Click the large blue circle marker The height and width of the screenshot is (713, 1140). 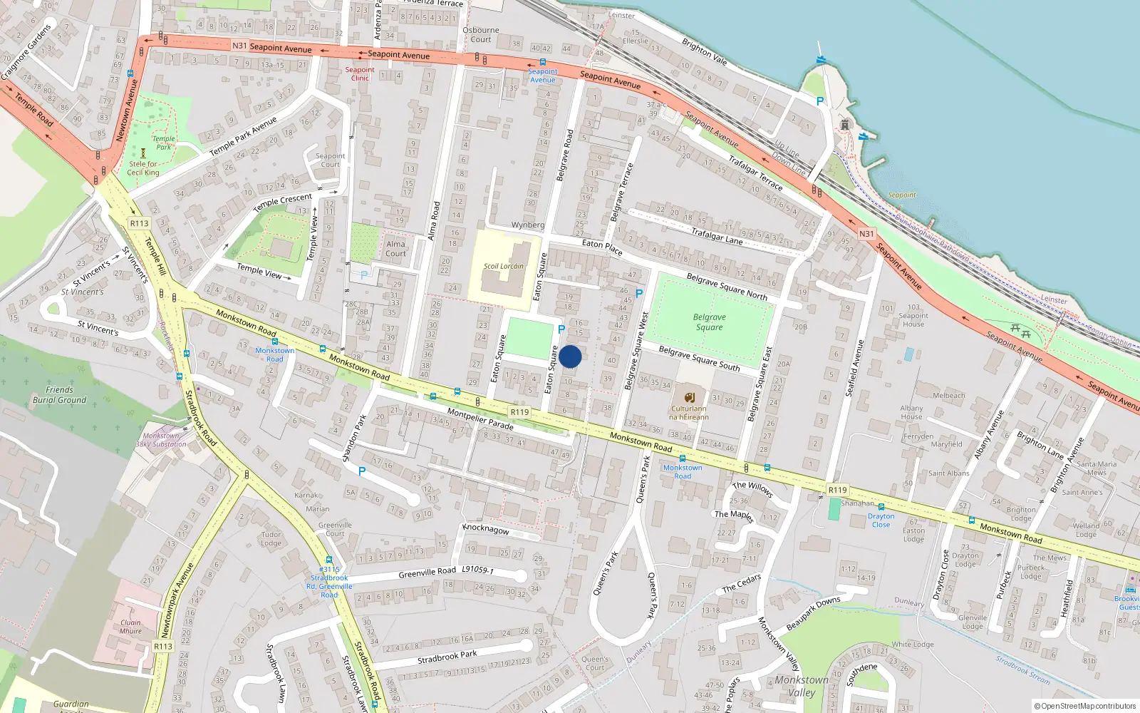(x=570, y=356)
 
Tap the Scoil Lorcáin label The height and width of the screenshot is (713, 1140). (x=503, y=267)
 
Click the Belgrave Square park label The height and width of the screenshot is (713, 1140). (x=709, y=322)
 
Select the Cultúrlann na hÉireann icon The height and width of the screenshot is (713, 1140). (x=689, y=397)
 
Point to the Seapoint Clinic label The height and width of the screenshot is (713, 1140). (x=360, y=73)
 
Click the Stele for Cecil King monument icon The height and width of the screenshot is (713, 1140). (x=143, y=153)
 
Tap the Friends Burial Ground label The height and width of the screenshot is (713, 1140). (x=59, y=395)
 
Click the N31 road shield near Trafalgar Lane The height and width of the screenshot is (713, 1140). (x=866, y=234)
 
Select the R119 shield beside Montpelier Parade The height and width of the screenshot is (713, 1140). (x=519, y=412)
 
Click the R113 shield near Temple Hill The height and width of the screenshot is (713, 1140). (x=139, y=223)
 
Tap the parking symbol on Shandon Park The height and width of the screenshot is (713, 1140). (x=362, y=471)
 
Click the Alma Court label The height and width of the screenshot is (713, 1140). (x=395, y=248)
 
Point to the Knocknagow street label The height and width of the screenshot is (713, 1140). (x=486, y=528)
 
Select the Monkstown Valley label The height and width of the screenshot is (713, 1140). (x=802, y=686)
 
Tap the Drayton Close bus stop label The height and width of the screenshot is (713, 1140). (x=881, y=520)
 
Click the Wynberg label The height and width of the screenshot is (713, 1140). (x=527, y=225)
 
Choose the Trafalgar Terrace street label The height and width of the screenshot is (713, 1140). (x=755, y=173)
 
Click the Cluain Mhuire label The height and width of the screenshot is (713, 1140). (x=130, y=627)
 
